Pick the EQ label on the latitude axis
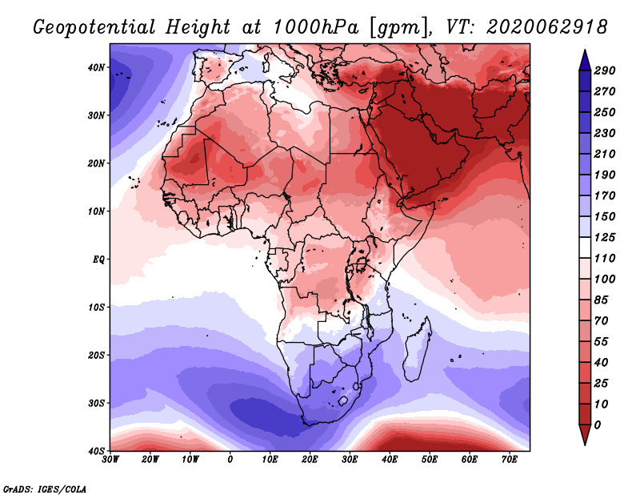point(98,260)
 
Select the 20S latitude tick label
point(96,355)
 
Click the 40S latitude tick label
point(96,450)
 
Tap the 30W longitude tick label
point(110,461)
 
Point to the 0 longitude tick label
point(230,461)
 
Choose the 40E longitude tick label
point(390,461)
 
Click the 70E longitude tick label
point(510,461)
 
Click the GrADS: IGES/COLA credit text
point(45,489)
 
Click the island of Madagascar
point(418,352)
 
